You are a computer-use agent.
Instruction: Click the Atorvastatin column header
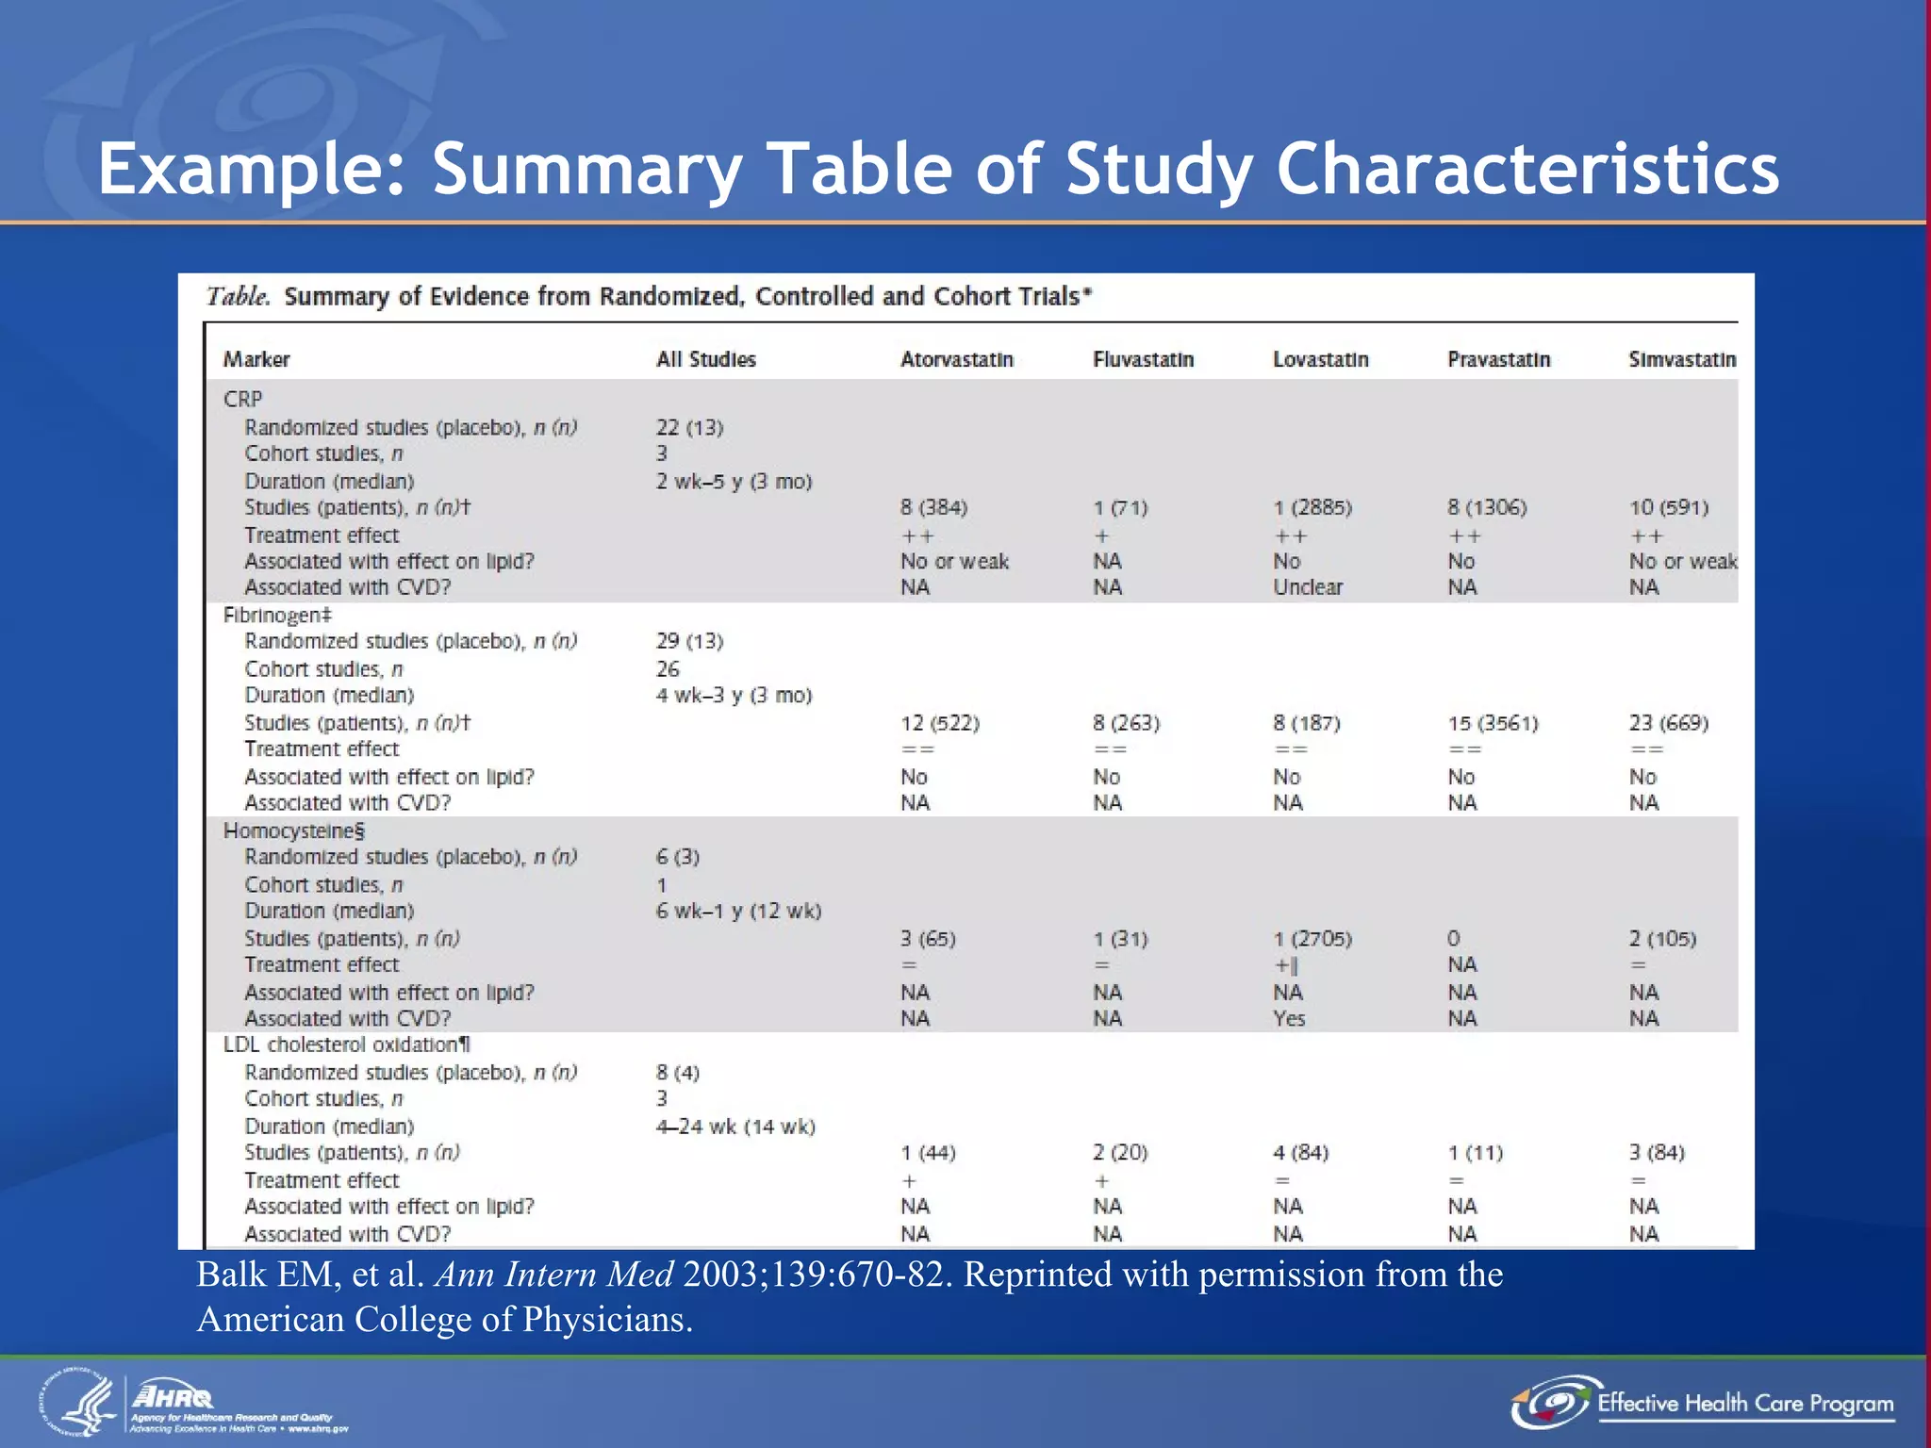[x=956, y=359]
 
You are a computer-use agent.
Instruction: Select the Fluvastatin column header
[x=1143, y=359]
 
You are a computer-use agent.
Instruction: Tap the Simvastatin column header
[x=1682, y=359]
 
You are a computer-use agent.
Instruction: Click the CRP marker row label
[x=242, y=399]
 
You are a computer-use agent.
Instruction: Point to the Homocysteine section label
[x=293, y=831]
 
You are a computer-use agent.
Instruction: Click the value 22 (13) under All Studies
[x=689, y=427]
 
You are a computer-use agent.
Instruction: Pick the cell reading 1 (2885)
[x=1312, y=507]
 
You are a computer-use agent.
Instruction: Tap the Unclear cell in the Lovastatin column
[x=1308, y=587]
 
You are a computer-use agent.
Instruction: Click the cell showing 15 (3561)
[x=1493, y=723]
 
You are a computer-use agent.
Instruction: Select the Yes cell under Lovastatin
[x=1289, y=1018]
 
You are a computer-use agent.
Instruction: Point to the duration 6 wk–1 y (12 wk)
[x=738, y=911]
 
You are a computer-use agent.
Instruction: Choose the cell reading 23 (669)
[x=1668, y=723]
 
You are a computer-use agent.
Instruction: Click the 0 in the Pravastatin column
[x=1453, y=938]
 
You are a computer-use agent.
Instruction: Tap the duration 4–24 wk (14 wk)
[x=735, y=1127]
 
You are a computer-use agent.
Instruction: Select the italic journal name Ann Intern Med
[x=553, y=1275]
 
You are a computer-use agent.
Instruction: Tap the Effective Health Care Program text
[x=1744, y=1404]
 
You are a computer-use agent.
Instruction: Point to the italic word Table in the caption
[x=238, y=297]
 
